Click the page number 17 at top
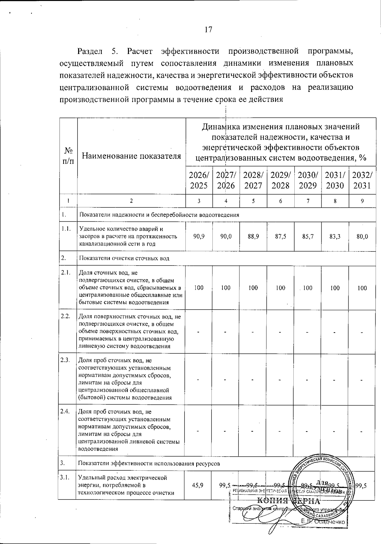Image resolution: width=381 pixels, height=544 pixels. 208,30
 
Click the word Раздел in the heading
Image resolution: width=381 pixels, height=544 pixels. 90,51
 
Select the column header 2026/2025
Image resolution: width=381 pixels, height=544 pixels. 199,180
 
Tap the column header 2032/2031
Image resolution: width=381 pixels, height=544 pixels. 362,180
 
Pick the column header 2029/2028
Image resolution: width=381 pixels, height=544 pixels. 280,180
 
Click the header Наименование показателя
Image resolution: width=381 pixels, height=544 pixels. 131,156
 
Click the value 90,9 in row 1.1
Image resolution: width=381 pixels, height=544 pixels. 199,237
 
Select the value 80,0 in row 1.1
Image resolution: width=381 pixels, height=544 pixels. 362,237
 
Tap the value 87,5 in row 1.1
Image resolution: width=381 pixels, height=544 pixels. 280,237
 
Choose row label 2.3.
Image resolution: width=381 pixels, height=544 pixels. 65,360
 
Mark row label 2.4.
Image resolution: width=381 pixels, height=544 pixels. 65,412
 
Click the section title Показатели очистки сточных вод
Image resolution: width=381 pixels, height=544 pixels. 124,258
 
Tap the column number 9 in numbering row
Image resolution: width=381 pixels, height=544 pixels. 362,201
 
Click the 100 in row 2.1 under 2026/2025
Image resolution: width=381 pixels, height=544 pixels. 199,288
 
